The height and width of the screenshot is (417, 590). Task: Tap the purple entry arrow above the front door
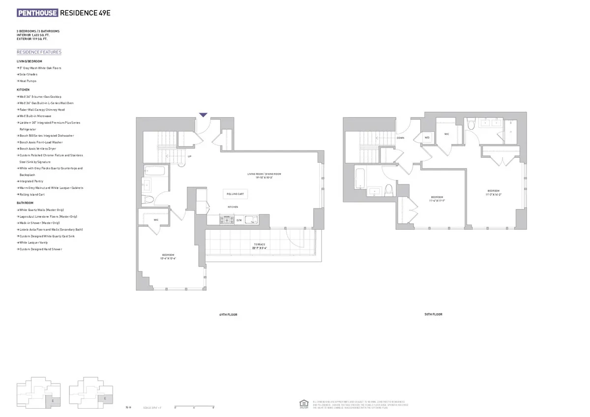203,115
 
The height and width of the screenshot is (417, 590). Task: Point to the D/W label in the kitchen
239,220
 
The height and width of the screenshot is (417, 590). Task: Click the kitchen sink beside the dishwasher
251,220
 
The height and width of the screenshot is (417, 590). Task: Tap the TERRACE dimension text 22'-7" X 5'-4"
260,248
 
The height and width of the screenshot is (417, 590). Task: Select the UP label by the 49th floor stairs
189,156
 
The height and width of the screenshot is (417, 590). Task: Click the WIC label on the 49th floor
155,220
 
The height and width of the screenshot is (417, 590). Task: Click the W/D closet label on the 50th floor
427,138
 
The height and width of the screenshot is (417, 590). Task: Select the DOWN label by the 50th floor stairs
400,138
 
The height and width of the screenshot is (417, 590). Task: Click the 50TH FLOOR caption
433,314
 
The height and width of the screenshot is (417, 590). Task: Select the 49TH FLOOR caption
228,314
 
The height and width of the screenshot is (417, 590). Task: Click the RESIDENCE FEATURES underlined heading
39,52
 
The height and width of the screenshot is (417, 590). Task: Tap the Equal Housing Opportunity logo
303,404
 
